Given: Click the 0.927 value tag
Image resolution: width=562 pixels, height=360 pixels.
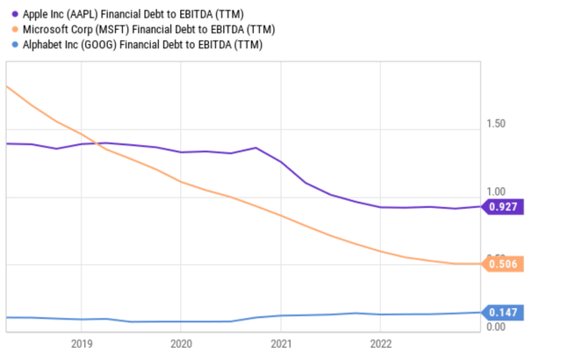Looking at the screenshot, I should [506, 207].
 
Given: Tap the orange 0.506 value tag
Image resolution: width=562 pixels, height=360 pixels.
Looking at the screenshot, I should [506, 264].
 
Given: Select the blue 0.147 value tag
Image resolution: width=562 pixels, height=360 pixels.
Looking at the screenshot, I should [506, 313].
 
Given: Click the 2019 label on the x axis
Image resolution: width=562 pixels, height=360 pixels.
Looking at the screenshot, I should [81, 343].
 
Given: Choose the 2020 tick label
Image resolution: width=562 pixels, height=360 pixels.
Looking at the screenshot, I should [181, 343].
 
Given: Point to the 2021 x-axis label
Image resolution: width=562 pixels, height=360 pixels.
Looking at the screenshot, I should [281, 343].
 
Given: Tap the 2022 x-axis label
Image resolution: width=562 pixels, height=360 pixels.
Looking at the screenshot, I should [380, 343].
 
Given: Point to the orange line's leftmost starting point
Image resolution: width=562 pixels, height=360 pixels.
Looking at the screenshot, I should [7, 86].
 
